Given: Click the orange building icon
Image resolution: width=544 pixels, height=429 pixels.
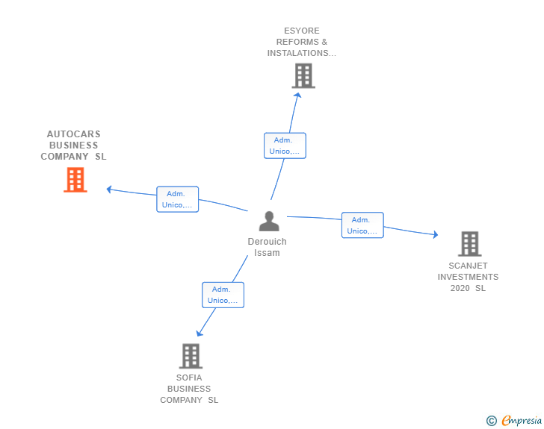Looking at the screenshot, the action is (75, 180).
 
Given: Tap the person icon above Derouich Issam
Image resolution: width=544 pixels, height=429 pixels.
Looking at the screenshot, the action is (269, 221).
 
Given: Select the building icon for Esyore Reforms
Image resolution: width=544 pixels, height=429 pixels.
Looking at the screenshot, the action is (303, 75).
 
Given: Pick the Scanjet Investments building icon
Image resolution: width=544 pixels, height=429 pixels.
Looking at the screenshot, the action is (470, 244).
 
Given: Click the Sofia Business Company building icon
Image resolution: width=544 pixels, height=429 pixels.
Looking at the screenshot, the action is (191, 356).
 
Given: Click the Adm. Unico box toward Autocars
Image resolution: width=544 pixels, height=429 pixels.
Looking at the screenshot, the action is (177, 199).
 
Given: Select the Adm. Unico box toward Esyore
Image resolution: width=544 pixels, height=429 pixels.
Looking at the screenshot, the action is (285, 145).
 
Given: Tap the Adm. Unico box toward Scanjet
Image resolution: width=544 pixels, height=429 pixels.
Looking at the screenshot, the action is (362, 225).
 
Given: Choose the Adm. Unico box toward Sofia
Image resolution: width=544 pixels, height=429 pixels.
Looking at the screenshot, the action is (223, 295).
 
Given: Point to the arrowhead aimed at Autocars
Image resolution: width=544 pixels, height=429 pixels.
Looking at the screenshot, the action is (109, 190).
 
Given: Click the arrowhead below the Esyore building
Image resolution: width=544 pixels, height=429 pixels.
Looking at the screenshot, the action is (297, 95).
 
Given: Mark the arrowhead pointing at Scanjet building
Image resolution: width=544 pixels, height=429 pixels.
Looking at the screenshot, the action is (436, 234).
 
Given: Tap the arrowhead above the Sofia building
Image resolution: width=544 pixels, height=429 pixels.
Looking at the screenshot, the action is (199, 334).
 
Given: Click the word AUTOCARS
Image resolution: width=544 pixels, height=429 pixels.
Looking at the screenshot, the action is (74, 134).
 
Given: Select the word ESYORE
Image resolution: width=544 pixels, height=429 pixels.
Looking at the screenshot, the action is (302, 31).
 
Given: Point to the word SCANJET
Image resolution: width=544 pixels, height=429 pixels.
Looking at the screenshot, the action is (468, 266).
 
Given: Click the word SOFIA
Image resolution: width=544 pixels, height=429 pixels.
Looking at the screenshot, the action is (189, 378).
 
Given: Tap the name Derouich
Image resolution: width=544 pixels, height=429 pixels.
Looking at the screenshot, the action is (268, 242).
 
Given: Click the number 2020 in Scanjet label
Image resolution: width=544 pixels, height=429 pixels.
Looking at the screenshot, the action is (460, 288).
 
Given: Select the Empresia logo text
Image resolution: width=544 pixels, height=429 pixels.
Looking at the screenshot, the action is (522, 420).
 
